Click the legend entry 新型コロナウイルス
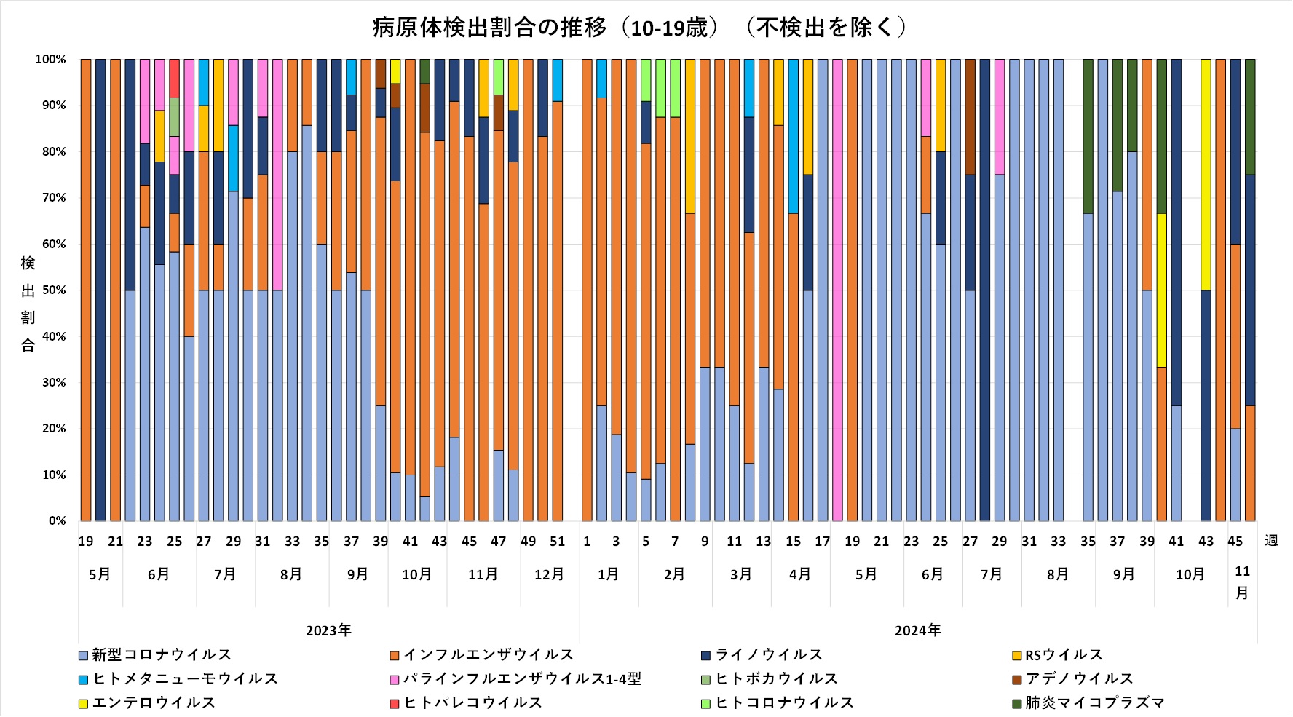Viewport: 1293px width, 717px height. click(x=161, y=655)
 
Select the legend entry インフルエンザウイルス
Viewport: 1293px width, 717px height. click(x=488, y=655)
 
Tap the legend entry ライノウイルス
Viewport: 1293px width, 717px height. click(x=768, y=655)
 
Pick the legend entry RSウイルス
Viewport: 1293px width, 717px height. click(x=1064, y=655)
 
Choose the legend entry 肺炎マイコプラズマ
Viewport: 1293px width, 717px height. click(x=1095, y=703)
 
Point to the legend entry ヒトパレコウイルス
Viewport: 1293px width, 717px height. click(x=472, y=703)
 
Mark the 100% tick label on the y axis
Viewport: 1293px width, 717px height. click(x=51, y=60)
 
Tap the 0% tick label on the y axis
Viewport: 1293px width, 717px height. click(x=58, y=521)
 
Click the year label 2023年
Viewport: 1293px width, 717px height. click(x=328, y=630)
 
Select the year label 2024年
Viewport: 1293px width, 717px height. click(x=917, y=630)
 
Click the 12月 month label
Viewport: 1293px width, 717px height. click(x=549, y=574)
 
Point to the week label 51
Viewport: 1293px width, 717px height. click(x=558, y=542)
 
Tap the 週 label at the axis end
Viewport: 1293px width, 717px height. click(x=1271, y=541)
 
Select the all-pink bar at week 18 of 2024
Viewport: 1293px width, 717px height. click(x=837, y=291)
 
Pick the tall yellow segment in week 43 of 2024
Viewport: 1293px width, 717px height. click(x=1206, y=175)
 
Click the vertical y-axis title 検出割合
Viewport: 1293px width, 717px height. click(x=28, y=304)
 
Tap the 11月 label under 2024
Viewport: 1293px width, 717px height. click(x=1242, y=582)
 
